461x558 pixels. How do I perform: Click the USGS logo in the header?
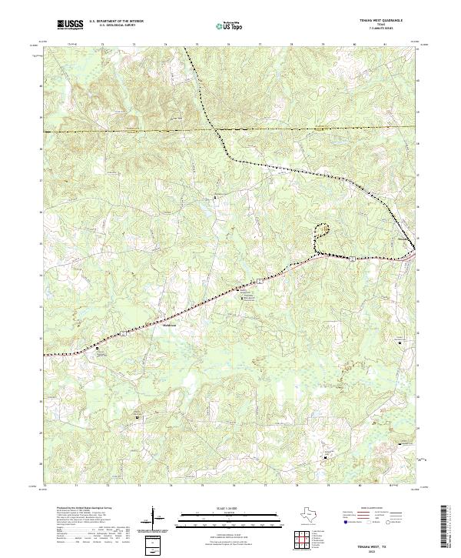point(70,25)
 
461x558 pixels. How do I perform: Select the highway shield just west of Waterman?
point(121,334)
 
